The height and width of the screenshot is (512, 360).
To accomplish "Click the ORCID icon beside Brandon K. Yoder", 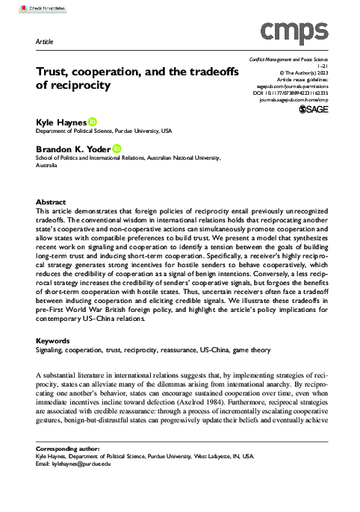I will (117, 149).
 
